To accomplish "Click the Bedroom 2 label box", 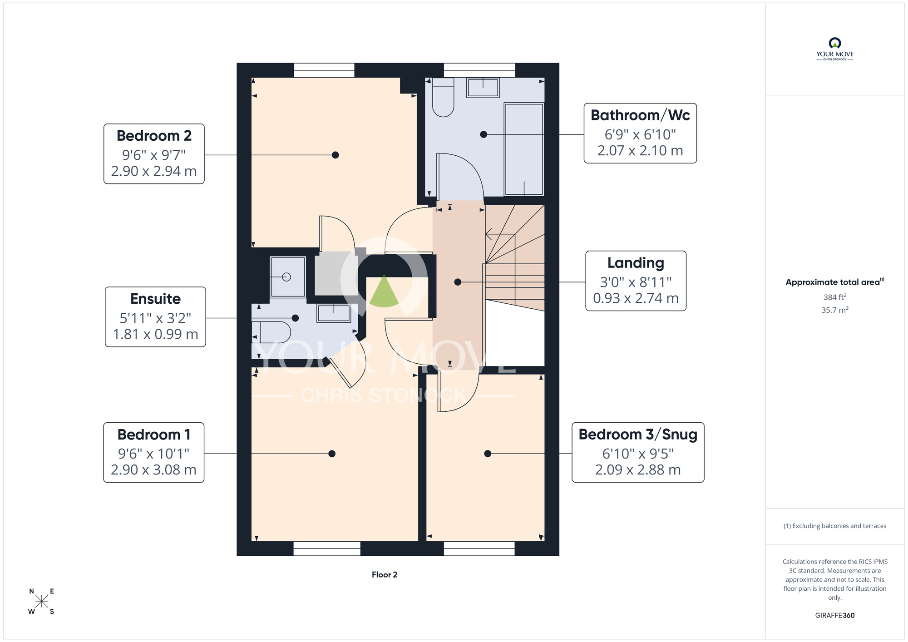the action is pos(154,154).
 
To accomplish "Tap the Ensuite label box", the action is pos(155,317).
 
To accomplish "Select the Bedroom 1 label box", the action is pos(154,453).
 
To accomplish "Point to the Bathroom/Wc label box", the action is pos(640,133).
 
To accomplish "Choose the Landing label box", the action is pos(636,281).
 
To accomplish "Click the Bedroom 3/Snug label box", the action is pos(638,452).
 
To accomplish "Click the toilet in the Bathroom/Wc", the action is pos(443,97).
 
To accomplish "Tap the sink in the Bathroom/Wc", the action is pos(483,88).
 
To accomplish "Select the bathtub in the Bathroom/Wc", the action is pos(524,149).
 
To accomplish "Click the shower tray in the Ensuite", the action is pos(288,277).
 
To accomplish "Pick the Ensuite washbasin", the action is pos(334,313).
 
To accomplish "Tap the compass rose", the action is pos(41,602).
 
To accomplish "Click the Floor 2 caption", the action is pos(385,575).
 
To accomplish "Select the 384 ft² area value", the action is pos(835,297).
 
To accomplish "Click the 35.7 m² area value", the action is pos(835,310).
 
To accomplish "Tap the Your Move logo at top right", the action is pos(835,49).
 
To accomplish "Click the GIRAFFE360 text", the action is pos(835,616).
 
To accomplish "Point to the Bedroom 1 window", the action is pos(327,548).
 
